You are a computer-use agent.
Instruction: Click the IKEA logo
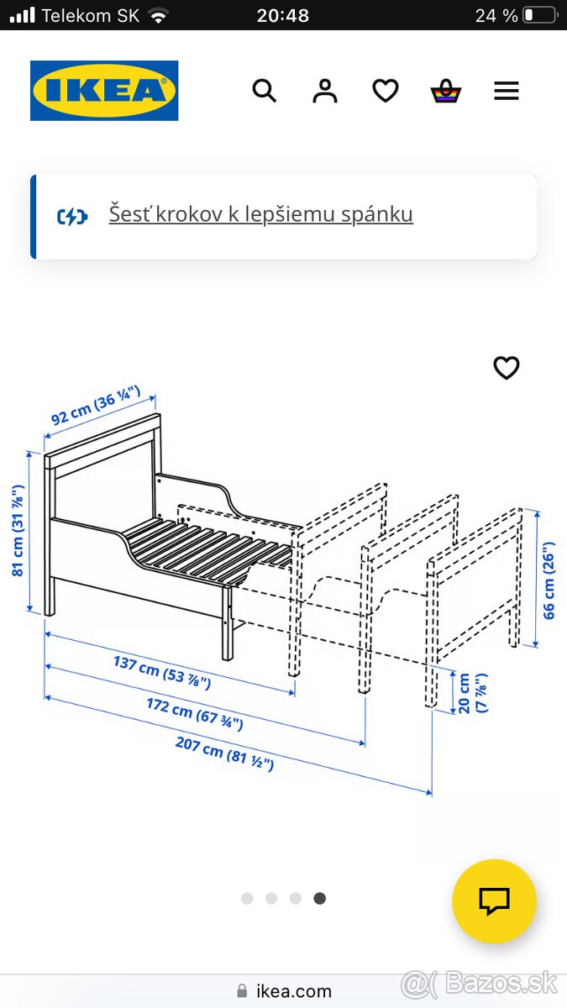pos(104,91)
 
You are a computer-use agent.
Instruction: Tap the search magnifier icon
pos(265,91)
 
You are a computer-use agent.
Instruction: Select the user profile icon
pos(325,91)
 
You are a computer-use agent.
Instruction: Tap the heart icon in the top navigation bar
pos(386,91)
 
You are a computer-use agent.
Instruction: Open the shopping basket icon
pos(446,91)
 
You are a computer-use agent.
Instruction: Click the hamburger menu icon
pos(507,91)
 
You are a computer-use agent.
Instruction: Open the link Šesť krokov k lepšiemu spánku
pos(260,214)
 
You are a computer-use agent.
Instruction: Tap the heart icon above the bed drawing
pos(507,368)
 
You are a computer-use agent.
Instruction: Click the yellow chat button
pos(494,901)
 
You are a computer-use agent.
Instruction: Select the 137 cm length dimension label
pos(162,672)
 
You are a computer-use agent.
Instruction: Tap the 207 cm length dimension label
pos(224,753)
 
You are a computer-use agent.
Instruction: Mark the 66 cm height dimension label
pos(549,580)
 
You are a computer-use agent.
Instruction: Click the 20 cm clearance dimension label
pos(471,694)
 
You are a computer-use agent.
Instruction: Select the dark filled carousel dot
pos(319,898)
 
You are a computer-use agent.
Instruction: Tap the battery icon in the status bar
pos(539,15)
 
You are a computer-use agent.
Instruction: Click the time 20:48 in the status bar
pos(283,15)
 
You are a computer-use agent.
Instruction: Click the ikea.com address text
pos(294,991)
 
